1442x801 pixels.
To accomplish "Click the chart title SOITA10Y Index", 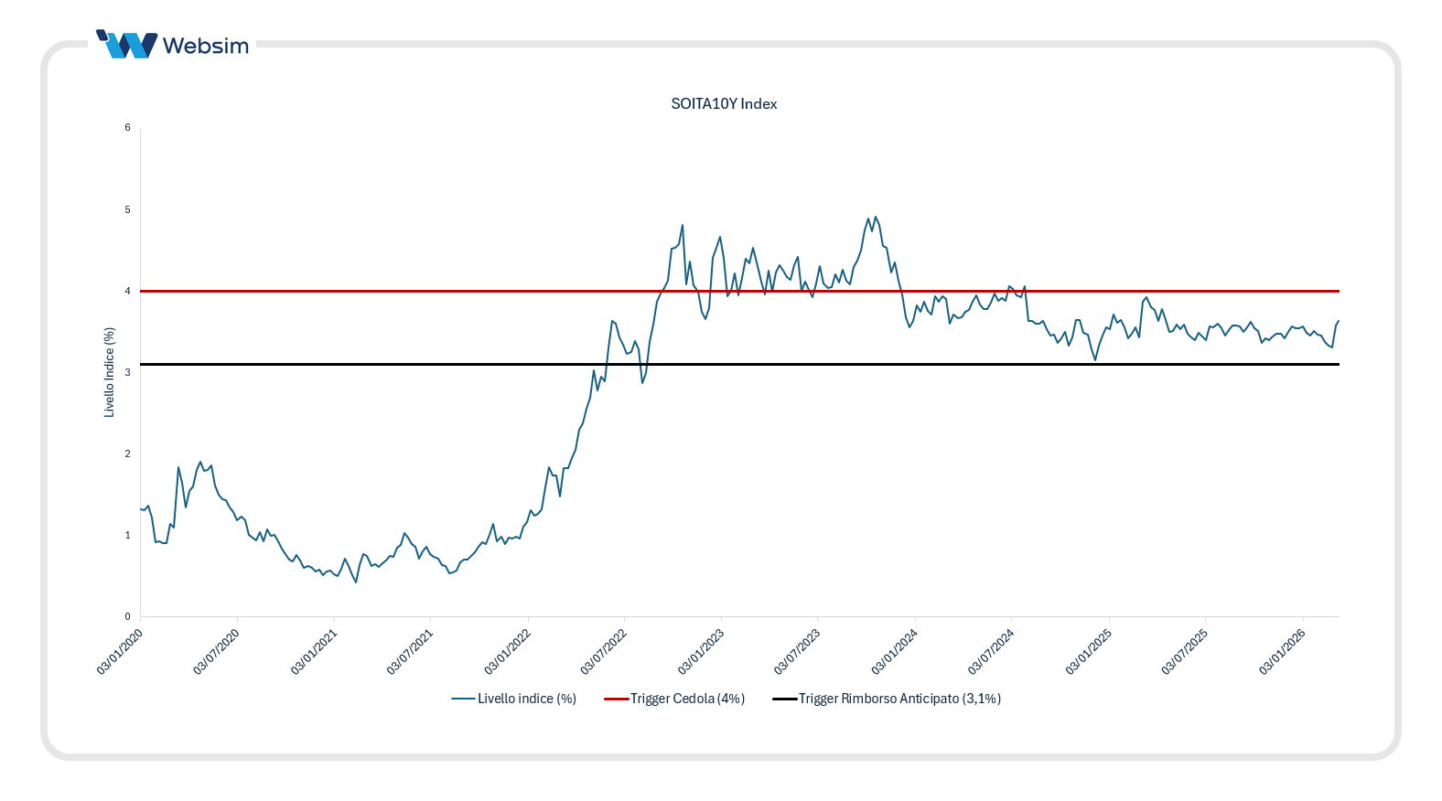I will click(x=724, y=104).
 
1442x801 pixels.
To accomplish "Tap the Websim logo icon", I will click(x=127, y=45).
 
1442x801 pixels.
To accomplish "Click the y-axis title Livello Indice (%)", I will click(x=110, y=372).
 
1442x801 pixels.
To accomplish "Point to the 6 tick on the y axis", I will click(x=128, y=128).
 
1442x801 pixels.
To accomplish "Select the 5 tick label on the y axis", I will click(x=128, y=209).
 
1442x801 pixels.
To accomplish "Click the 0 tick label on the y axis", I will click(x=128, y=616).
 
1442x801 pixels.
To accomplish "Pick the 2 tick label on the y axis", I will click(x=128, y=454).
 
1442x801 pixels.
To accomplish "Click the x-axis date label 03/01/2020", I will click(x=121, y=651).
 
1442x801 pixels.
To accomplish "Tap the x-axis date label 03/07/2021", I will click(x=411, y=651).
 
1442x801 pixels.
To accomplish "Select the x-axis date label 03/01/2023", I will click(x=702, y=651).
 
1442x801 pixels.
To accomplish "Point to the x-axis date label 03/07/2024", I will click(x=992, y=651).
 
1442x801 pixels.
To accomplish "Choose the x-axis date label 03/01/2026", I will click(x=1283, y=651).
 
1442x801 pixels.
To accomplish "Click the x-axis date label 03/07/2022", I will click(x=605, y=651).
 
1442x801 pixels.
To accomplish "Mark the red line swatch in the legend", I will click(x=616, y=699).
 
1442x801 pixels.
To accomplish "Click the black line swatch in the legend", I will click(x=784, y=699).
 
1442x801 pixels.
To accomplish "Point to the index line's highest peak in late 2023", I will click(x=876, y=217).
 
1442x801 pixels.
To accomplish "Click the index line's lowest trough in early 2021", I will click(x=356, y=582).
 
